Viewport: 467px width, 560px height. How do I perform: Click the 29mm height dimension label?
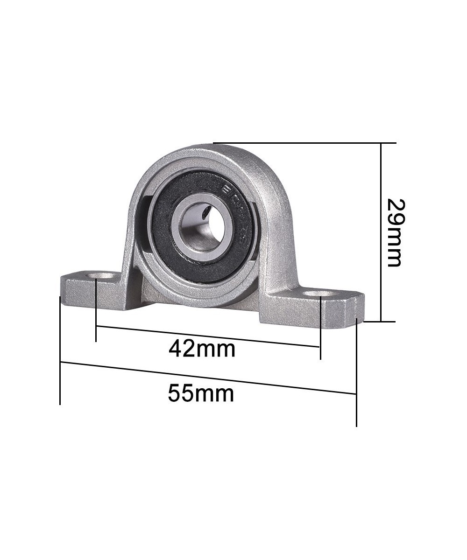point(395,232)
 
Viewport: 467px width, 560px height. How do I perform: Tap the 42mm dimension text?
point(202,348)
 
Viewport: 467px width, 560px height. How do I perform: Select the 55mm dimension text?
point(201,393)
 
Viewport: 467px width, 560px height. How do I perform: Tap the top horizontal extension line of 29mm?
point(304,143)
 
